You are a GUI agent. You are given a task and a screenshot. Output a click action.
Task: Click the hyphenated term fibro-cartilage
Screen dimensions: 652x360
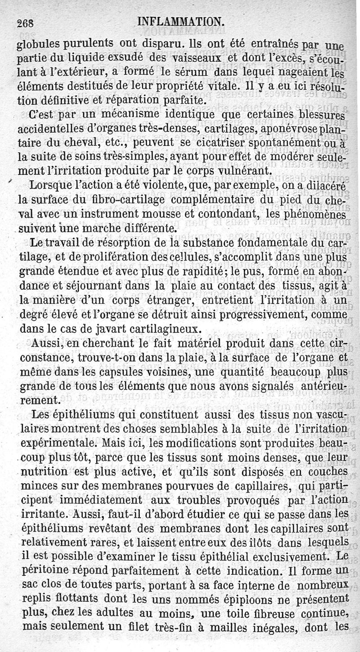[x=111, y=199]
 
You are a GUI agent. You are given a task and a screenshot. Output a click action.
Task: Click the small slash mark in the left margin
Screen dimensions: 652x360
[x=10, y=180]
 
